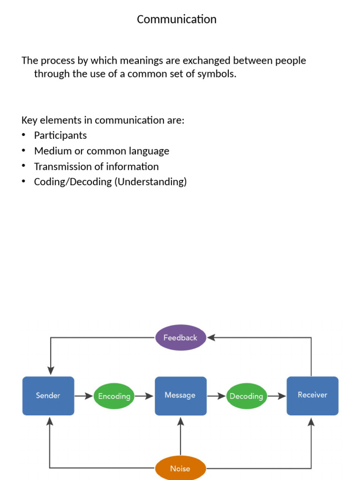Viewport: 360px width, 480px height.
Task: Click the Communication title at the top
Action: click(x=177, y=19)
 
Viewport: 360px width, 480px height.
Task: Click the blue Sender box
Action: click(x=48, y=396)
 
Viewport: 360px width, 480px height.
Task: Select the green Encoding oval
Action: click(x=114, y=396)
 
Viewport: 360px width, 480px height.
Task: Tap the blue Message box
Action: click(x=180, y=396)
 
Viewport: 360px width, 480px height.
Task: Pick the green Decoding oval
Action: click(x=246, y=396)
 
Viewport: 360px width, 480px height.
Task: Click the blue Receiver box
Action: click(x=312, y=396)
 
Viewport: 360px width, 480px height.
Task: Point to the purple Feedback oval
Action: click(x=180, y=337)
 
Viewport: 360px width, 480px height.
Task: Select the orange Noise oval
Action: click(x=180, y=468)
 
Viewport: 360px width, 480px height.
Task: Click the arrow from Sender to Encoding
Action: click(x=83, y=396)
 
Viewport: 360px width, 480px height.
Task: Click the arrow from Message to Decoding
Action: click(x=216, y=396)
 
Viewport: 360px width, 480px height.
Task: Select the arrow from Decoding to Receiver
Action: click(x=277, y=396)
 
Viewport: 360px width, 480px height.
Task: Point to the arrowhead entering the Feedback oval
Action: click(x=211, y=337)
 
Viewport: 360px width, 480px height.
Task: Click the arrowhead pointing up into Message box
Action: click(x=180, y=420)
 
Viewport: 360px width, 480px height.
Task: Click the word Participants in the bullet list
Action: click(x=60, y=135)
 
